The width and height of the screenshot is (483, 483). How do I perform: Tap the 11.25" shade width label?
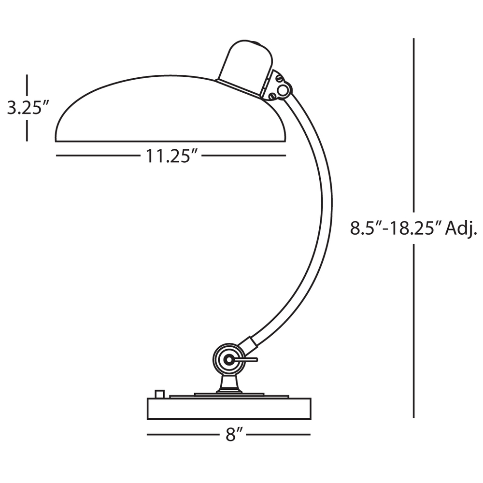(x=171, y=156)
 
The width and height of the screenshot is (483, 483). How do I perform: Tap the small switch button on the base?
(x=159, y=394)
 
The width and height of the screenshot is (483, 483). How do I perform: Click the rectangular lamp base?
(x=229, y=409)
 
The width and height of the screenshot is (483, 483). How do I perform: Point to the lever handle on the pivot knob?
(x=246, y=359)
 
